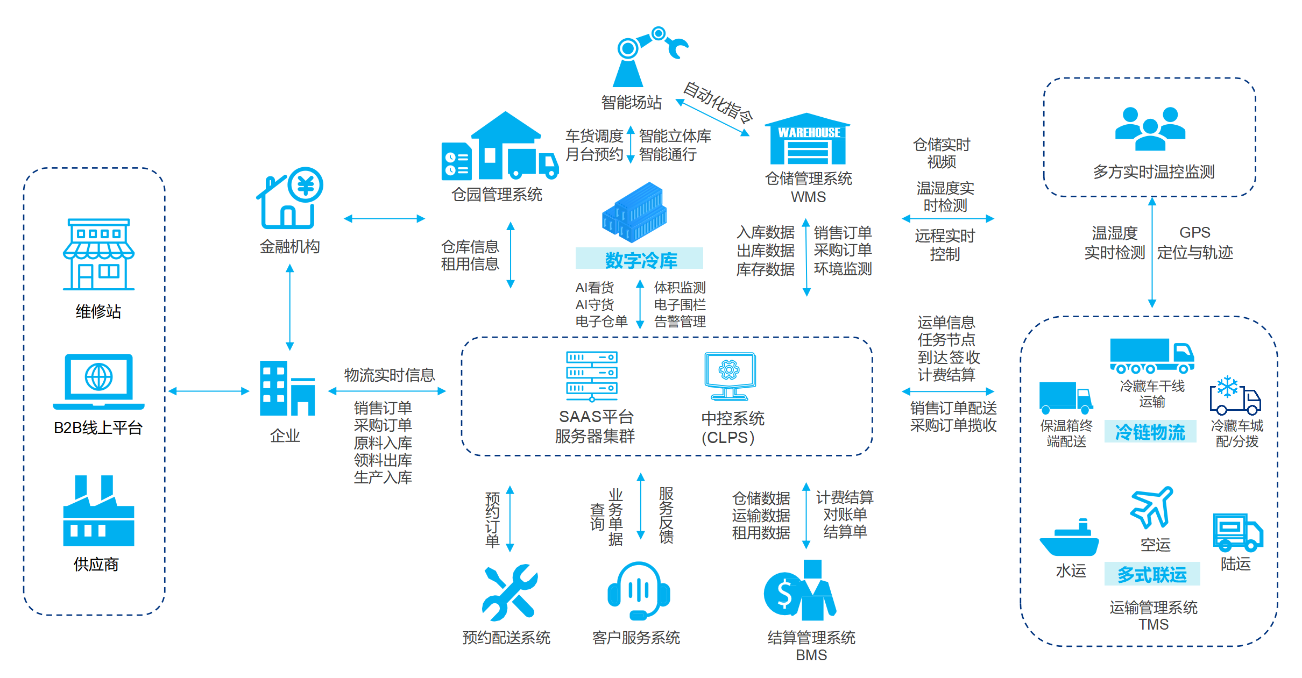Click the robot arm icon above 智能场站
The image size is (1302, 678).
pos(646,56)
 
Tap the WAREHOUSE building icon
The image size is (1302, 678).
pos(808,139)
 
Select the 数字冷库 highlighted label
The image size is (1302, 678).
pos(640,260)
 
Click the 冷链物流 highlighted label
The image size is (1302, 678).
pos(1150,432)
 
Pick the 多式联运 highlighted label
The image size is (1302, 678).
pos(1152,574)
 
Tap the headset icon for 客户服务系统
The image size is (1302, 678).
pos(639,591)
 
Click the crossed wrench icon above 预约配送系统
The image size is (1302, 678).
pos(509,592)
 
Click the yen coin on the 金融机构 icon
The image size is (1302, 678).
pos(306,185)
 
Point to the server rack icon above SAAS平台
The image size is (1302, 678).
pos(592,376)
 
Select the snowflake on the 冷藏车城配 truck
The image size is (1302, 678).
pos(1227,387)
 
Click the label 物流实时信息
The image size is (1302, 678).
pos(389,375)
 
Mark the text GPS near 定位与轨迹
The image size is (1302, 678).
pos(1194,232)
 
